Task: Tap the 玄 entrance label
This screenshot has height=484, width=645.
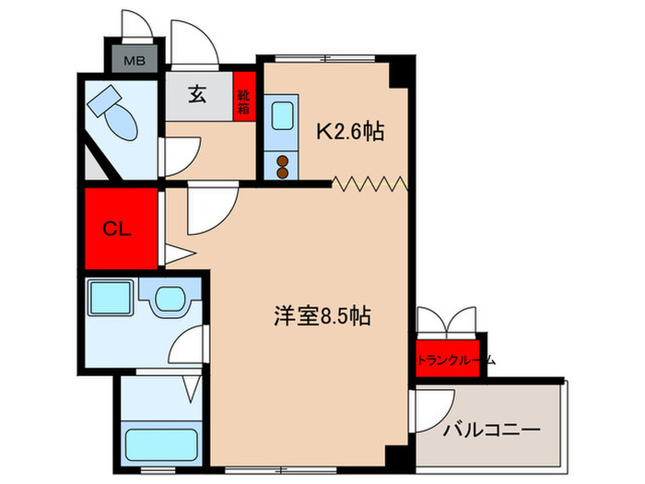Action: pos(198,95)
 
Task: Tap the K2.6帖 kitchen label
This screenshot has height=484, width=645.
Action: pos(350,133)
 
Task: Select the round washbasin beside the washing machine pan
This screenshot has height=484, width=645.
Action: pos(170,298)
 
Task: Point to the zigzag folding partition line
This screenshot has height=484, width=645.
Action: pos(369,183)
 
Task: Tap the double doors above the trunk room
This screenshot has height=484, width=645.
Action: pos(449,319)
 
